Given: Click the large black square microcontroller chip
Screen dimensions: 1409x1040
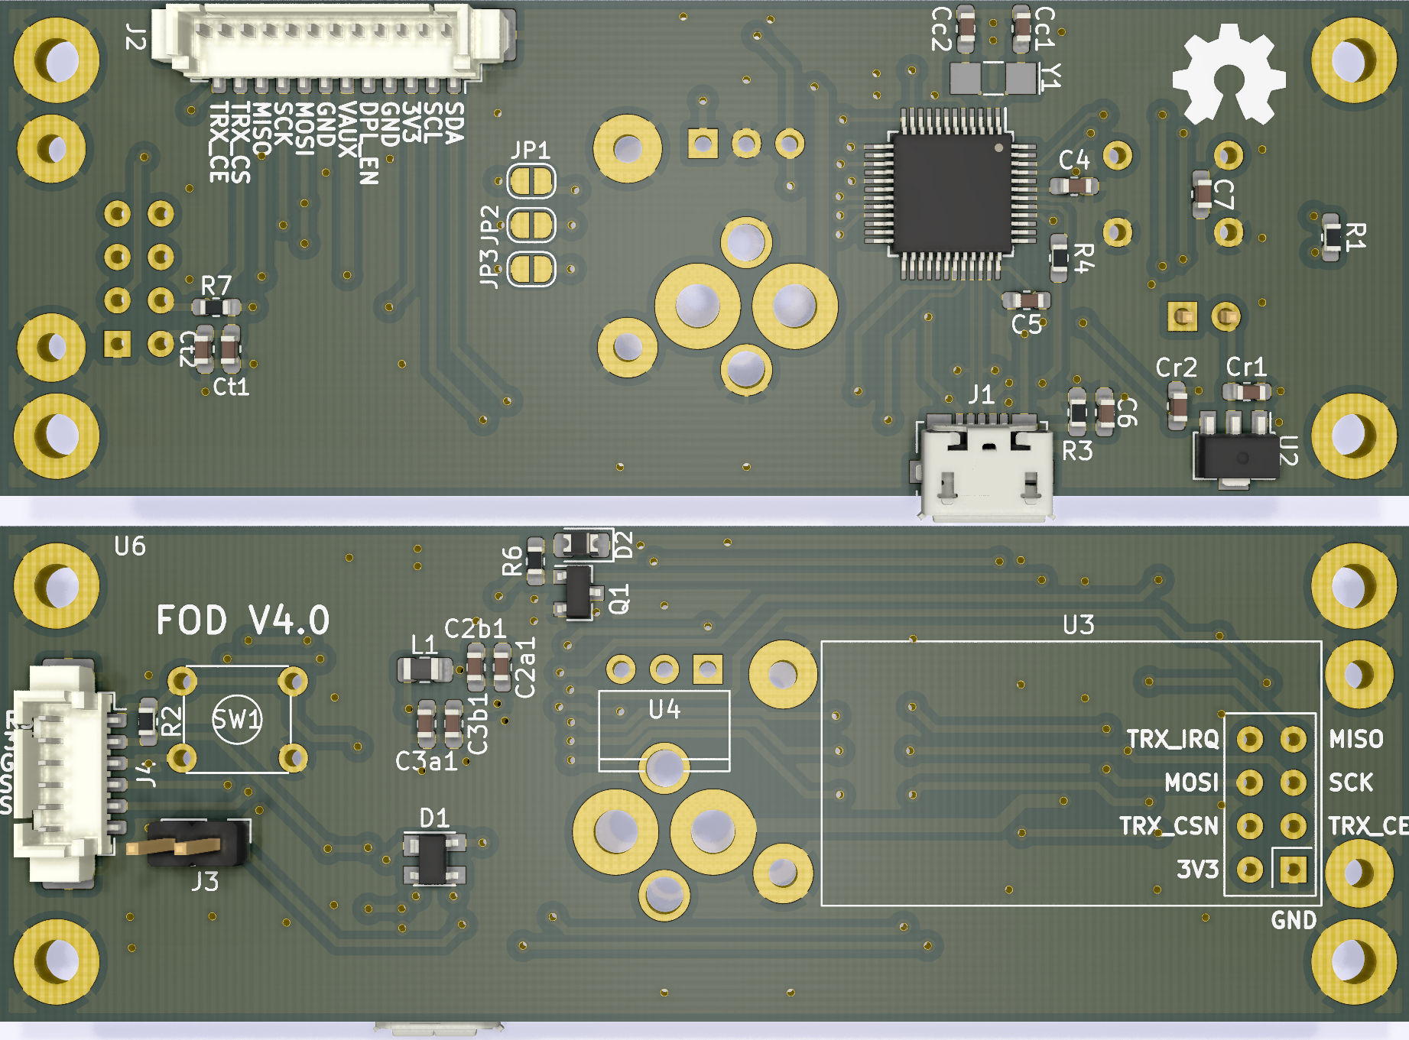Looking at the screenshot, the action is (951, 194).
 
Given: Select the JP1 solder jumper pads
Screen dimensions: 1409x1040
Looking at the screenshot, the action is (531, 182).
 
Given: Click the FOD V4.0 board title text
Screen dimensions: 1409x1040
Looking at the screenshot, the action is (242, 620).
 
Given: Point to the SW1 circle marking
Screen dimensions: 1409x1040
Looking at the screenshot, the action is (236, 719).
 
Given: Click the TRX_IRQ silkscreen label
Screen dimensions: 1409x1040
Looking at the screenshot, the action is (1172, 739).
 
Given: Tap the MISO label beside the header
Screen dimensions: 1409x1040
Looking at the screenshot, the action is (1355, 739).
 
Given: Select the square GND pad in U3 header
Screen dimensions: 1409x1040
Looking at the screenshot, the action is (1293, 869).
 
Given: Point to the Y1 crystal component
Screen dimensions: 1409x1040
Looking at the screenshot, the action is (992, 77).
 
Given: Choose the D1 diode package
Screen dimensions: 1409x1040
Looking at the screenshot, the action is (433, 858).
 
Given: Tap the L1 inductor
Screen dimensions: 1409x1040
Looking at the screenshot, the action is (424, 669).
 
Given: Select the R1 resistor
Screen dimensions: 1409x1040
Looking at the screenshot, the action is (1333, 237).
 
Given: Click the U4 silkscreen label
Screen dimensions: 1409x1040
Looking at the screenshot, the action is (664, 710).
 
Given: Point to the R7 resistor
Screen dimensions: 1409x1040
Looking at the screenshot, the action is (216, 307).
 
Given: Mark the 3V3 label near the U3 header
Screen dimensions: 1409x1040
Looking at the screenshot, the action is (1196, 870).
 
